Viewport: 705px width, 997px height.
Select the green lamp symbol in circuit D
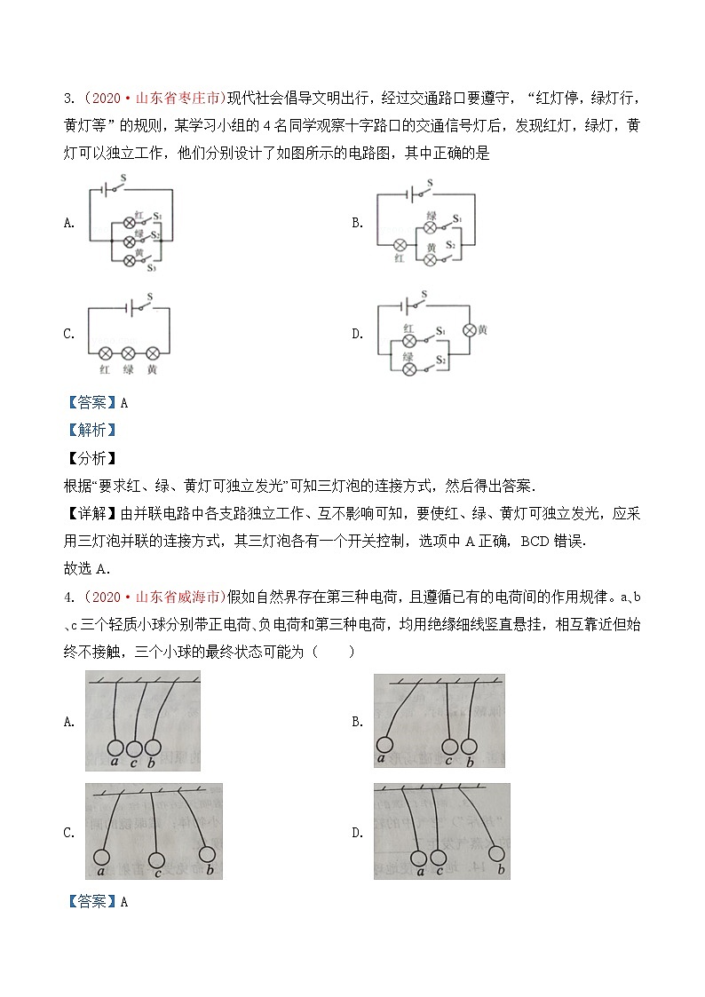[x=408, y=368]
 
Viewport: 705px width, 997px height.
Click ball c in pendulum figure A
[x=134, y=748]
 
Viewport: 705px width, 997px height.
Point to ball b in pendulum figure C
[x=208, y=854]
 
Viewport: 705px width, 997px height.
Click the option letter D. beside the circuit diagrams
[x=358, y=334]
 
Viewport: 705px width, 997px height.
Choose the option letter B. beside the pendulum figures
[x=358, y=722]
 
